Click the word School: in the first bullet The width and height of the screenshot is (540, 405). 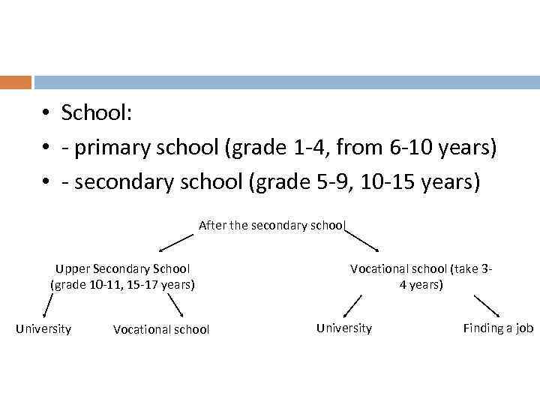pyautogui.click(x=97, y=113)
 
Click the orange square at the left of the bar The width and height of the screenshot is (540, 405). pyautogui.click(x=16, y=82)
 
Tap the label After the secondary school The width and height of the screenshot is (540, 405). pyautogui.click(x=271, y=225)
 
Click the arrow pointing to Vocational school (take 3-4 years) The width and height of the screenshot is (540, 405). pyautogui.click(x=365, y=241)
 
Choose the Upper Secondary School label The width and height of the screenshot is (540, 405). pyautogui.click(x=122, y=268)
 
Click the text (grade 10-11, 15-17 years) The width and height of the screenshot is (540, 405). pyautogui.click(x=122, y=284)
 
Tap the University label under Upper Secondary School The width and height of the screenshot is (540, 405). pyautogui.click(x=43, y=328)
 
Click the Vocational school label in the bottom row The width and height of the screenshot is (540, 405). pyautogui.click(x=161, y=329)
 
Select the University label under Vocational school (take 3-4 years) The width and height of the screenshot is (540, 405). pyautogui.click(x=343, y=328)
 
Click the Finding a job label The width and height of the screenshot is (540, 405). pyautogui.click(x=498, y=328)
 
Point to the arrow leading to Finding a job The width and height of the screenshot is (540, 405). pyautogui.click(x=487, y=306)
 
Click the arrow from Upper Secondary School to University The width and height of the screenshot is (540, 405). pyautogui.click(x=47, y=307)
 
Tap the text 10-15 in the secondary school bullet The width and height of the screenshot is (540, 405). pyautogui.click(x=382, y=182)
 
